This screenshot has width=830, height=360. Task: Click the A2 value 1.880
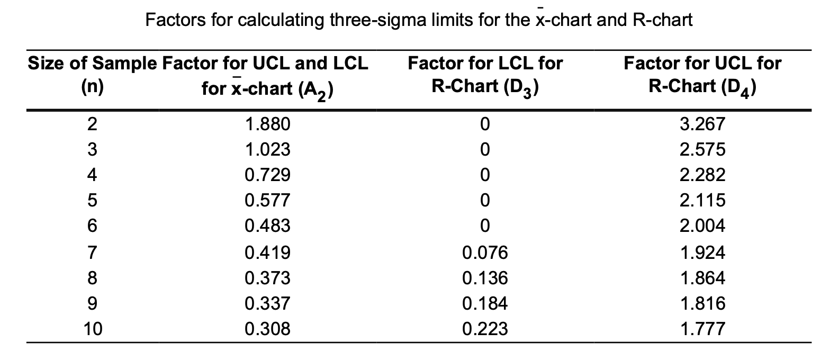[268, 125]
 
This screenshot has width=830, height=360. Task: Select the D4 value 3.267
[703, 125]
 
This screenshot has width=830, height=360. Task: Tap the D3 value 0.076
[485, 253]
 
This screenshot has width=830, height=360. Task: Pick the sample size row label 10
[92, 329]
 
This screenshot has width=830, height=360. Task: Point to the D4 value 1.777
[703, 329]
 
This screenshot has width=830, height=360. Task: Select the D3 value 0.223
[485, 329]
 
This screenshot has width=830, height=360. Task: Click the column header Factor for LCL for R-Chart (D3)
[485, 75]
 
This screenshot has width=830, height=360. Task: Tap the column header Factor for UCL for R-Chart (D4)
[703, 75]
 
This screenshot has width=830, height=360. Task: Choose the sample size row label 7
[92, 253]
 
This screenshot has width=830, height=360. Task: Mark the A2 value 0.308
[268, 329]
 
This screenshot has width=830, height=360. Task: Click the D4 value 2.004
[703, 227]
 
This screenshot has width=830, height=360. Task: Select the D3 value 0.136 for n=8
[485, 278]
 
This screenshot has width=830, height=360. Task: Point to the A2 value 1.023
[268, 150]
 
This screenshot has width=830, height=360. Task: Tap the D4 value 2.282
[703, 175]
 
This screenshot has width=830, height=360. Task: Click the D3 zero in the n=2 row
[485, 125]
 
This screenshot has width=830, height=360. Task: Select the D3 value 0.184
[485, 303]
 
